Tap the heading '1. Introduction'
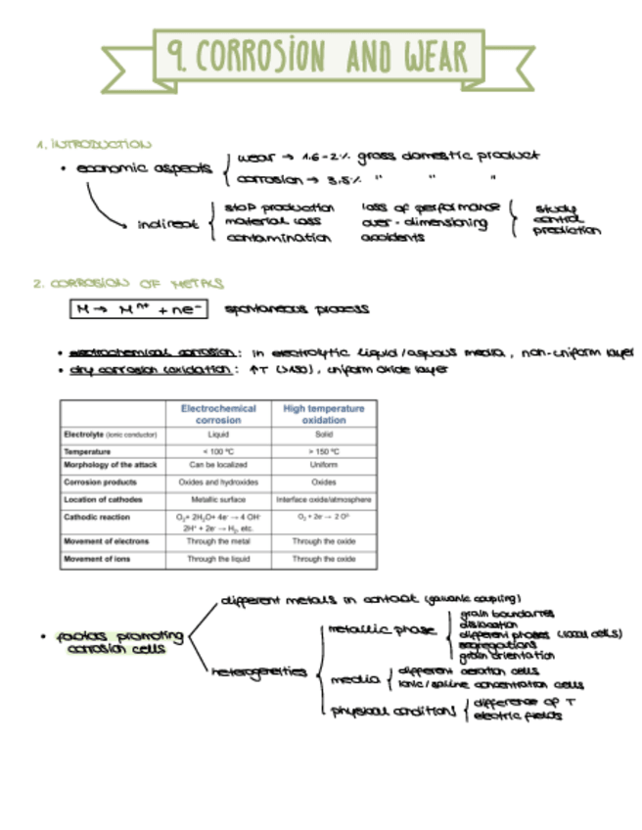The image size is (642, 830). (94, 143)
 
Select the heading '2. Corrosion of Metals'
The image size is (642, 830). (127, 284)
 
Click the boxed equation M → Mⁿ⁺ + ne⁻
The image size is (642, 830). (137, 309)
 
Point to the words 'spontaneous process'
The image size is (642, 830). (297, 309)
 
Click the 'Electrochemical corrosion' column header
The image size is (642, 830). (218, 414)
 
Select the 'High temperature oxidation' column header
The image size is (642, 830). (324, 414)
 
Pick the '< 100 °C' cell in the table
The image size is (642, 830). (218, 451)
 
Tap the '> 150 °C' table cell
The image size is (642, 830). (324, 451)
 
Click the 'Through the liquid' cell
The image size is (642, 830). (218, 559)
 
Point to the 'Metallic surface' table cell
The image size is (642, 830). (218, 499)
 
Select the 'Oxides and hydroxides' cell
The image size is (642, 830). (218, 482)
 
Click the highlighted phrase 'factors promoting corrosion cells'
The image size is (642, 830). (114, 642)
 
